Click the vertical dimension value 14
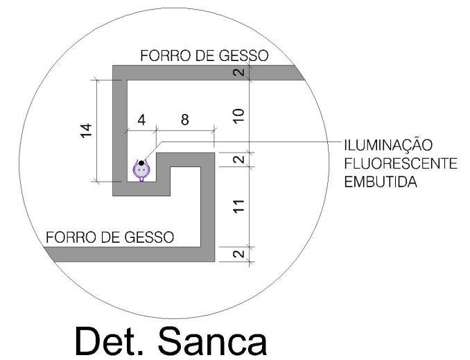(86, 130)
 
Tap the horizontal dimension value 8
(184, 119)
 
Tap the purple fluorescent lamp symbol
(141, 170)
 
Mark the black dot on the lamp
(141, 164)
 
